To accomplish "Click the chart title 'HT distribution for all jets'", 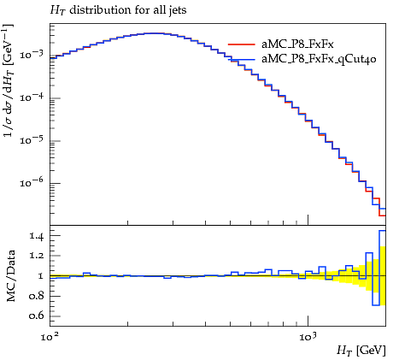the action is pos(118,10).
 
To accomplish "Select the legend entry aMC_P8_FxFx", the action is pos(297,44).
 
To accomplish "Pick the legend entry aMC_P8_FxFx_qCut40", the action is pos(319,59).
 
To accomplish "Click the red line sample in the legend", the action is pos(242,44).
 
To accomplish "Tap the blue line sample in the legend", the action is pos(242,60).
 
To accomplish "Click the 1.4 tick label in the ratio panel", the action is pos(36,236).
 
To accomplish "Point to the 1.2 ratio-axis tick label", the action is pos(36,256).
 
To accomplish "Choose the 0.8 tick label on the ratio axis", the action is pos(36,296).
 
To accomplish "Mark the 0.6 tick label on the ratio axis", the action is pos(36,316).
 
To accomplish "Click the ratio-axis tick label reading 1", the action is pos(40,276).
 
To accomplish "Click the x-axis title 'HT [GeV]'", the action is pos(361,351).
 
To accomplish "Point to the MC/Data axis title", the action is pos(10,275).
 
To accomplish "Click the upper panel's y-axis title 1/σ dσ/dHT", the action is pos(9,80).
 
